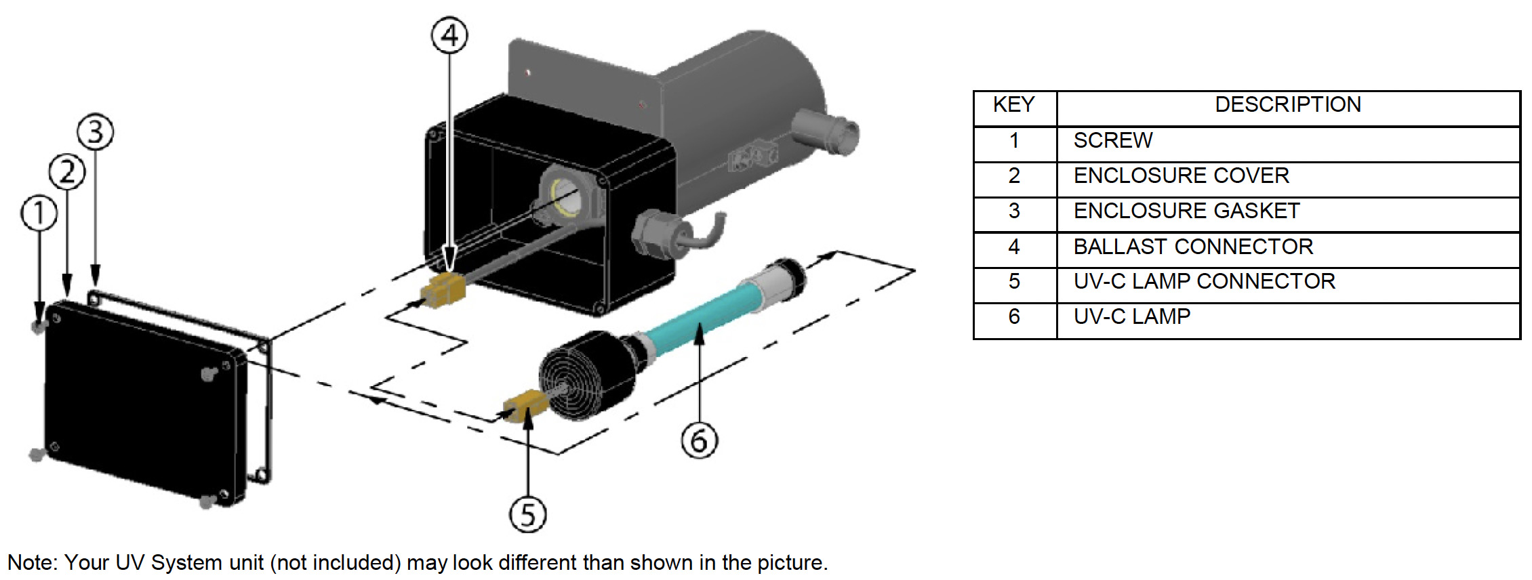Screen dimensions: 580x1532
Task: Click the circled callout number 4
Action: pyautogui.click(x=449, y=35)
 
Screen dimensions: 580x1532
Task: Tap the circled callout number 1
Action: pyautogui.click(x=39, y=213)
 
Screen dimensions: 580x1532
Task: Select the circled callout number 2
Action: pyautogui.click(x=67, y=171)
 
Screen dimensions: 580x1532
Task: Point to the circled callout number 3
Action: pyautogui.click(x=95, y=131)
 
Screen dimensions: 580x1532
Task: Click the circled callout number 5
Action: pyautogui.click(x=527, y=514)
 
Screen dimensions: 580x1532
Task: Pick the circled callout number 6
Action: pyautogui.click(x=699, y=440)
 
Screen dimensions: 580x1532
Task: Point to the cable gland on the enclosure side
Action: pyautogui.click(x=654, y=233)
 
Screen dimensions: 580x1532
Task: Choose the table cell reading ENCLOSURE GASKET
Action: pyautogui.click(x=1186, y=211)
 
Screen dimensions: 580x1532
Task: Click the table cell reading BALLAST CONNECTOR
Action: pyautogui.click(x=1193, y=247)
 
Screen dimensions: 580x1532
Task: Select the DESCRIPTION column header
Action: pyautogui.click(x=1287, y=105)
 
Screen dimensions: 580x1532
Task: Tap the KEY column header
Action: pyautogui.click(x=1014, y=105)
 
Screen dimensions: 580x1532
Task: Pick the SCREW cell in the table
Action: pyautogui.click(x=1113, y=140)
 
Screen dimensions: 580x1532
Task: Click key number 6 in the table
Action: pyautogui.click(x=1014, y=316)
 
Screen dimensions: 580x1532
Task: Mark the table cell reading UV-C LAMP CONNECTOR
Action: pyautogui.click(x=1204, y=281)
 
